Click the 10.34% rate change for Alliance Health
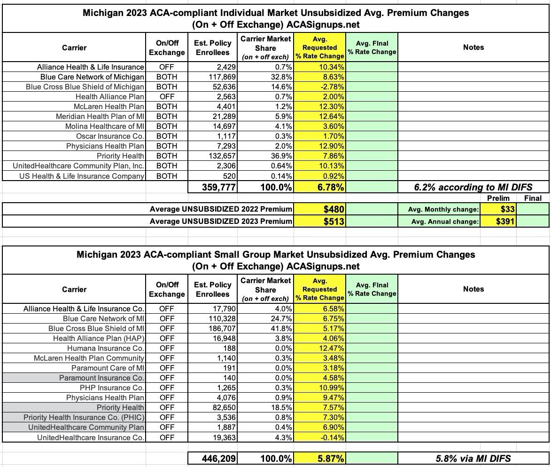point(331,67)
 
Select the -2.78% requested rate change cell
point(331,87)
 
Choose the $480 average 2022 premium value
point(334,209)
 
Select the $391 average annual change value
point(505,222)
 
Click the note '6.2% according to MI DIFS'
point(473,187)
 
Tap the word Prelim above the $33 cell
point(498,198)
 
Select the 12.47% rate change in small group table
point(331,348)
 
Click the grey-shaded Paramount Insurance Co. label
point(101,378)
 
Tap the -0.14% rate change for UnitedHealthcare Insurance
point(331,438)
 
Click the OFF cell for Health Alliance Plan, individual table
point(166,97)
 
